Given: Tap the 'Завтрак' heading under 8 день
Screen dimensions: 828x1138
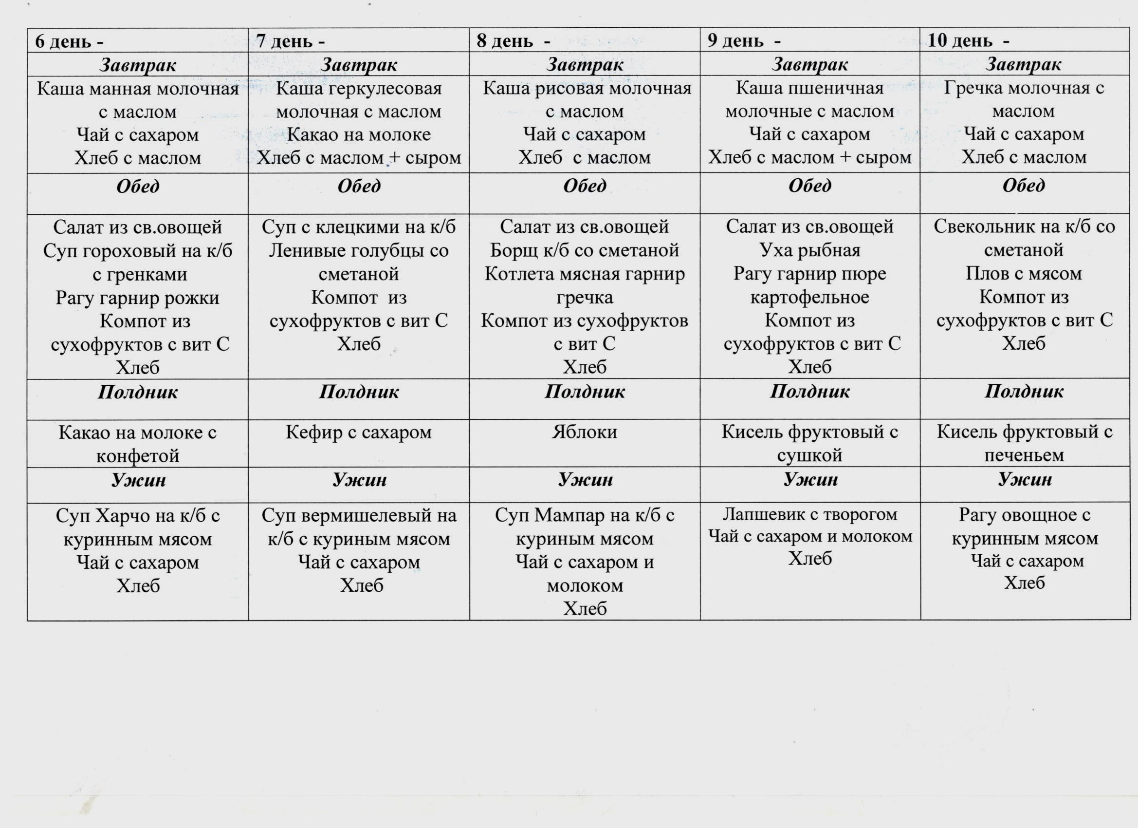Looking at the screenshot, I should (585, 64).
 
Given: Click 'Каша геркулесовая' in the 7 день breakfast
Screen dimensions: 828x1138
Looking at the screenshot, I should (359, 89).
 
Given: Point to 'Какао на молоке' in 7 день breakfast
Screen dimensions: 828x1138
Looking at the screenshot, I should (359, 134).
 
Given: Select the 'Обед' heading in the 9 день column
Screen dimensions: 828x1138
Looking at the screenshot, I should (810, 186).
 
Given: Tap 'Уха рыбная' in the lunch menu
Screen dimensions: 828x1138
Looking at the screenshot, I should (810, 250).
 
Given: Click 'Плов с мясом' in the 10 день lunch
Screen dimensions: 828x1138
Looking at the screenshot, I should (1024, 274).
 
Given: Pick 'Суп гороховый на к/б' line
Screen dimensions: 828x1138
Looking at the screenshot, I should (137, 250).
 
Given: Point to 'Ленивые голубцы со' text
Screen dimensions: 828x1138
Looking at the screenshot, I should (359, 250).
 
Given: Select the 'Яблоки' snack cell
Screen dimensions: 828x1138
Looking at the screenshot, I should (585, 433).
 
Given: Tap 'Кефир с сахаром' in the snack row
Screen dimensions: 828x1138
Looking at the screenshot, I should (359, 433).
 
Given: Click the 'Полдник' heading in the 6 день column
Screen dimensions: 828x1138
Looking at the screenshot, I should (137, 392).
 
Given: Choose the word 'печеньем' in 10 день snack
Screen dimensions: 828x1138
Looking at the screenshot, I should (1024, 455).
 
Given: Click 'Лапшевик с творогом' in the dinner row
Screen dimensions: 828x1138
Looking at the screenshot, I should (810, 514).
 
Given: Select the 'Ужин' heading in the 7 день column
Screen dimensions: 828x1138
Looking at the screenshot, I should (359, 480).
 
